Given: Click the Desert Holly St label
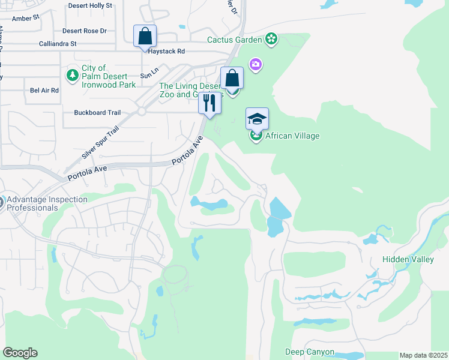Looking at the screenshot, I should coord(90,5).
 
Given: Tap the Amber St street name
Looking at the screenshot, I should coord(26,18).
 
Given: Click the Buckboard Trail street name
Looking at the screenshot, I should coord(97,112).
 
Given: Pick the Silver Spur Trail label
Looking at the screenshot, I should coord(100,143).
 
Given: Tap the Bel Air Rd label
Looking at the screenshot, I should coord(44,90).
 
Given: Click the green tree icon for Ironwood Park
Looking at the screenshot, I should coord(72,76).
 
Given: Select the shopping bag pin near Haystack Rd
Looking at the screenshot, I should coord(145,37).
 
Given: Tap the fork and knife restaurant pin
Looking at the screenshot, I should coord(209,103).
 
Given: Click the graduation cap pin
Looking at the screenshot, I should coord(257,119).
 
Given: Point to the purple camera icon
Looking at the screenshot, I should coord(256,64).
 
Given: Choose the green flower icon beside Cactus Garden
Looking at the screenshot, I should coord(272,40).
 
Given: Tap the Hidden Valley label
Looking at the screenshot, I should coord(408,259).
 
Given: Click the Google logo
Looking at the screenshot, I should coord(20,353).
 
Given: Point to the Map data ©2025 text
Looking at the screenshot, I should coord(423,355).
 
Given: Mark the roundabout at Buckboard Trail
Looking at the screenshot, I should coord(142,112).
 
